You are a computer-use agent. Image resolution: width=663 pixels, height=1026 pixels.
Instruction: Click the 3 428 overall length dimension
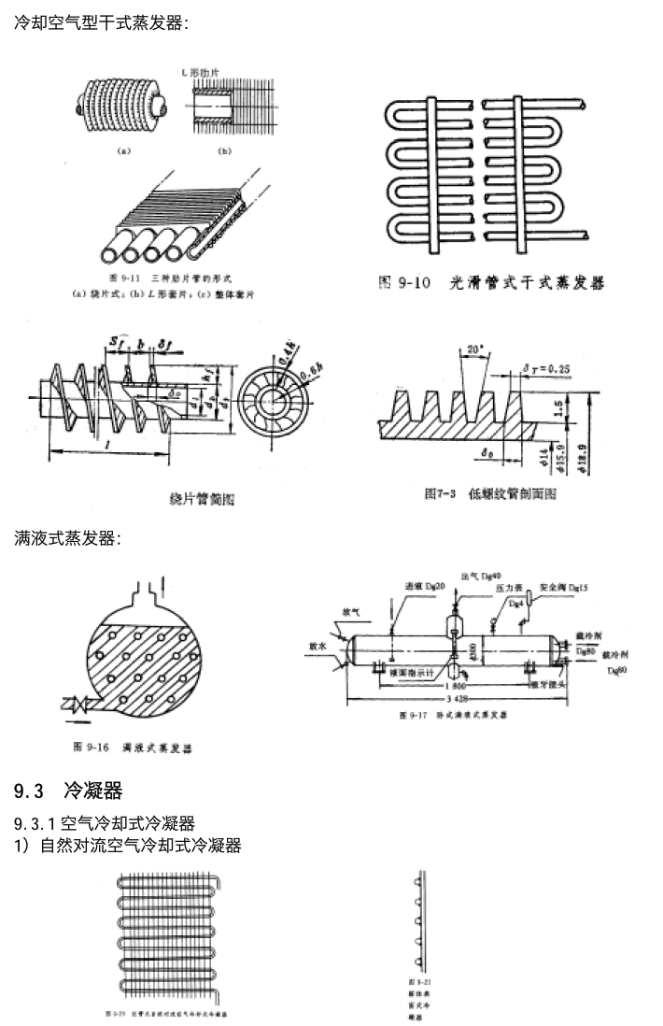click(x=458, y=699)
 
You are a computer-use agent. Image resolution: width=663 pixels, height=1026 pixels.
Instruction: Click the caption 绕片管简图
click(x=204, y=499)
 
